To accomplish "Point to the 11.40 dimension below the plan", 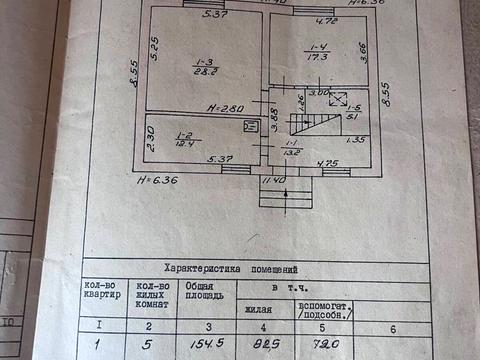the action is pyautogui.click(x=273, y=180).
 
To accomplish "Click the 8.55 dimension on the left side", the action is pyautogui.click(x=133, y=77).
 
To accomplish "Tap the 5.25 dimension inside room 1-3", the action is pyautogui.click(x=155, y=45).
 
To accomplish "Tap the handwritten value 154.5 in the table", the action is pyautogui.click(x=204, y=344).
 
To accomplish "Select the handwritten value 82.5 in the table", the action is pyautogui.click(x=263, y=344).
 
